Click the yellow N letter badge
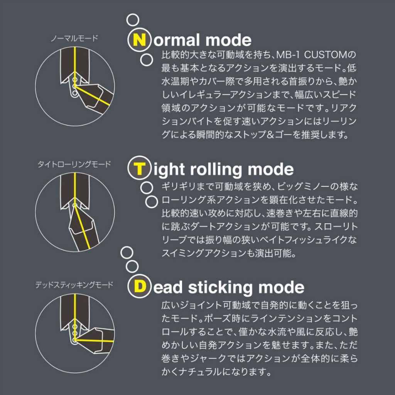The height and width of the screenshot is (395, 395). coord(139,40)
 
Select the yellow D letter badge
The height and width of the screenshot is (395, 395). coord(139,287)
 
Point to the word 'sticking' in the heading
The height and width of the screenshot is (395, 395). coord(221,288)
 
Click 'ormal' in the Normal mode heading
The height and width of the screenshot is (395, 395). coord(177,40)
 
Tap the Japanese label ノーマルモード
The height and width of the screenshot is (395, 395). coord(74,38)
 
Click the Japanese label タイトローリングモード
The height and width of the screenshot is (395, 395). coord(74,164)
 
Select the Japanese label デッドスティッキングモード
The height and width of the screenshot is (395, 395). coord(74,285)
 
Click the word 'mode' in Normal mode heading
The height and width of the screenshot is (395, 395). coord(228,40)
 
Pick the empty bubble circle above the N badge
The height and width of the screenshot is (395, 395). coord(133,20)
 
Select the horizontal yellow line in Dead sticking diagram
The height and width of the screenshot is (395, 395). coord(94,340)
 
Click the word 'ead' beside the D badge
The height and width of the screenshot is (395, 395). coord(168,287)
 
